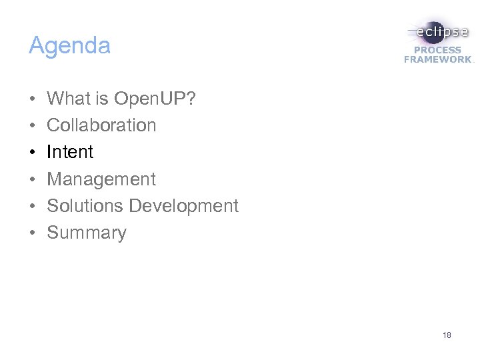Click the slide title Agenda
click(x=69, y=47)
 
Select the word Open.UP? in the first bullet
click(x=155, y=99)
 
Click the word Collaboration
click(x=101, y=125)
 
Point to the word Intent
click(x=70, y=152)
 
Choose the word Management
click(x=101, y=179)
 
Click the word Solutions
click(x=85, y=206)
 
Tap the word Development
click(x=183, y=206)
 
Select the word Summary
click(x=87, y=233)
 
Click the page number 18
click(x=447, y=335)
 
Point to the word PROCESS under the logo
click(x=437, y=50)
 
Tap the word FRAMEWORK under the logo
click(x=437, y=59)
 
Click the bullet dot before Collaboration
click(x=32, y=126)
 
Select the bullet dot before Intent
click(x=32, y=153)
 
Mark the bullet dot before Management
click(x=32, y=180)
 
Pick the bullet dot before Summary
click(x=32, y=233)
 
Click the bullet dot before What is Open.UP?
click(x=32, y=99)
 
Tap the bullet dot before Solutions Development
click(x=32, y=207)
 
